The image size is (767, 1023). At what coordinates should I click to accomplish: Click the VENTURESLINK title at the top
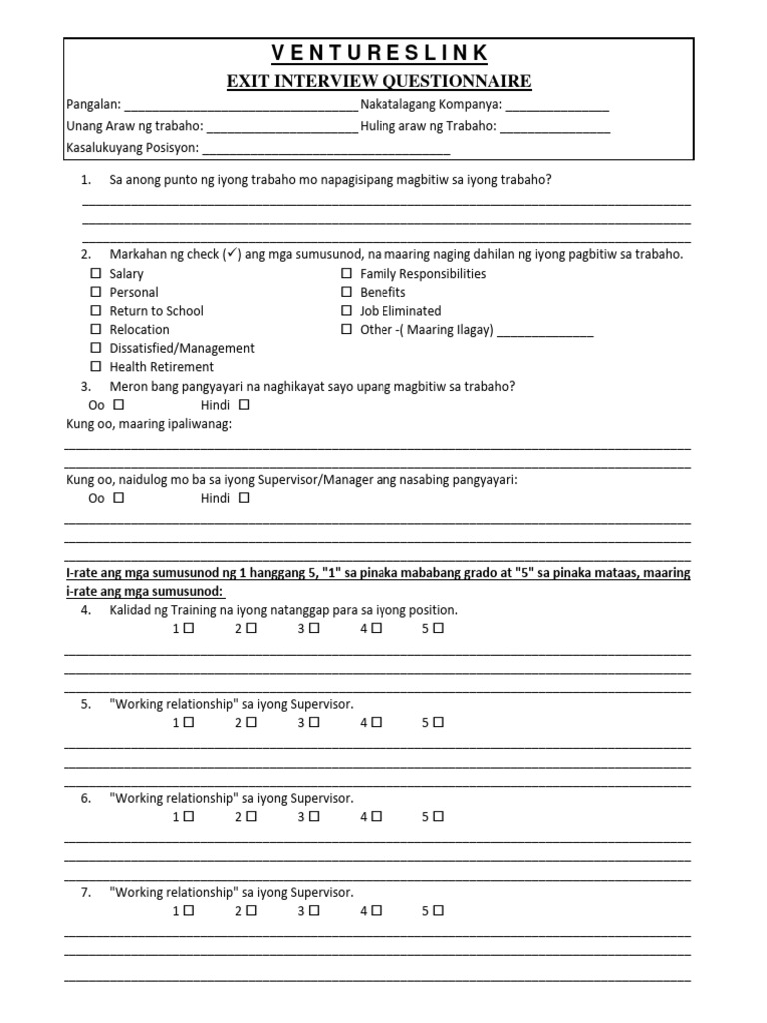click(x=383, y=53)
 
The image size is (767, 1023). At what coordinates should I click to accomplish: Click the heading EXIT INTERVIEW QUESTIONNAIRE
click(x=383, y=81)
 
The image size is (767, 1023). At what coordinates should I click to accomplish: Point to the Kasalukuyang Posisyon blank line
click(x=327, y=151)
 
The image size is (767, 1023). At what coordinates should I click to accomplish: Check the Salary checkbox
click(x=96, y=274)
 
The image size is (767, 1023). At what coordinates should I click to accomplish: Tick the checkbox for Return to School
click(x=96, y=311)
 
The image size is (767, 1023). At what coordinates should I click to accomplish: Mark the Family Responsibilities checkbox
click(x=346, y=274)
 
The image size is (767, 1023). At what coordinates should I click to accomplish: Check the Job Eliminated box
click(x=346, y=311)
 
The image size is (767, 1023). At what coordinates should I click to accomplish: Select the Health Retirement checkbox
click(x=96, y=367)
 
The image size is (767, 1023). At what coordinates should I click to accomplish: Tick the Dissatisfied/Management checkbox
click(x=96, y=348)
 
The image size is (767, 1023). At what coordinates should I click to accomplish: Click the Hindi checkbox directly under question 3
click(x=244, y=405)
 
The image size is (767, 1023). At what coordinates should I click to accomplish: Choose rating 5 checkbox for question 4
click(x=438, y=629)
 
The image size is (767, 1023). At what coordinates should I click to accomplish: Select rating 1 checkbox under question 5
click(x=188, y=723)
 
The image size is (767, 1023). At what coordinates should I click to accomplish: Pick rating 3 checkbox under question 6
click(x=314, y=816)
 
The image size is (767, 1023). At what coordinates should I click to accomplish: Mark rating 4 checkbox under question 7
click(x=376, y=911)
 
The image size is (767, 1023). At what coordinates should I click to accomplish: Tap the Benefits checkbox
click(x=346, y=292)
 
